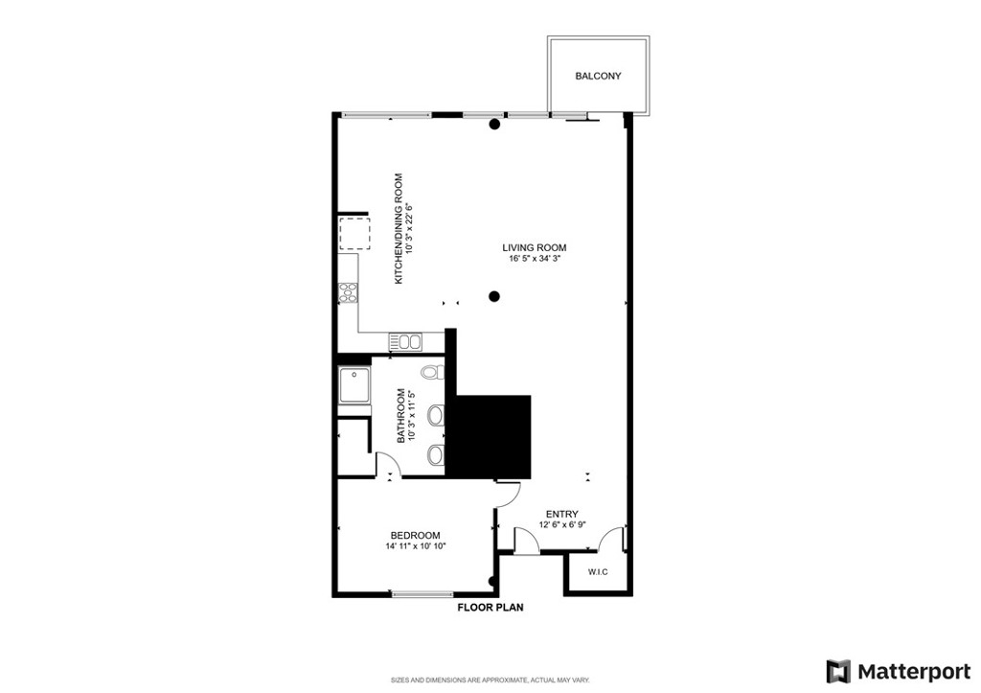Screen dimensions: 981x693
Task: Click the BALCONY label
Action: tap(598, 76)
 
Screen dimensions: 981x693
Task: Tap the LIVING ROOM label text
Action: tap(535, 247)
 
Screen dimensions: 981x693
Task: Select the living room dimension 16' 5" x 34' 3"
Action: tap(535, 258)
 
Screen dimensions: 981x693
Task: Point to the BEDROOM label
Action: tap(415, 535)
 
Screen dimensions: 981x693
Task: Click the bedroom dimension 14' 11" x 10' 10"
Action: tap(415, 546)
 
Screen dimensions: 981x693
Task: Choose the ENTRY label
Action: tap(561, 515)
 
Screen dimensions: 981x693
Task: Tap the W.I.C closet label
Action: tap(598, 572)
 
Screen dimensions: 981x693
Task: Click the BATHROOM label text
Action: tap(401, 416)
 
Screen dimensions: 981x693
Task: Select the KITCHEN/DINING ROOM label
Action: tap(399, 228)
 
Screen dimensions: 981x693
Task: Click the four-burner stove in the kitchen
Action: tap(348, 293)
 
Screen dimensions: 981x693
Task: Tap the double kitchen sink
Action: tap(405, 342)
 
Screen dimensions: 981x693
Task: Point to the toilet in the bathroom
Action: tap(432, 373)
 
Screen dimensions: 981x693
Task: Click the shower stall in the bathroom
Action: tap(354, 386)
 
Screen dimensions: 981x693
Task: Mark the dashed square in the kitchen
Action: tap(354, 234)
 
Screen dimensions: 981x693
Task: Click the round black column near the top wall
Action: tap(494, 124)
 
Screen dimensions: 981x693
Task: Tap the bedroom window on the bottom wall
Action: tap(422, 593)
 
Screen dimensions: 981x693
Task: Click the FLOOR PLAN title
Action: tap(490, 608)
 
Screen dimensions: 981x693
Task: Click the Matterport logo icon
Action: tap(838, 672)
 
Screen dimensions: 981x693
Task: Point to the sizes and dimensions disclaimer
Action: tap(490, 680)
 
